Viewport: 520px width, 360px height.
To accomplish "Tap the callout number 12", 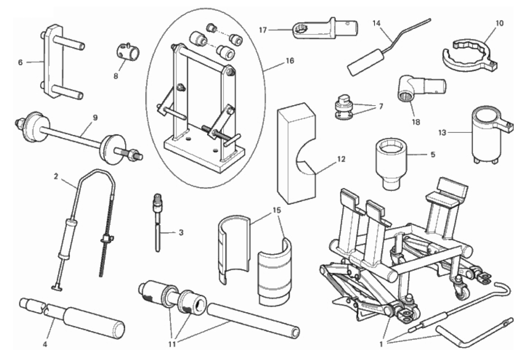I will tap(341, 160).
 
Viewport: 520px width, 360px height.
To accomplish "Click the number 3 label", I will tap(181, 232).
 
